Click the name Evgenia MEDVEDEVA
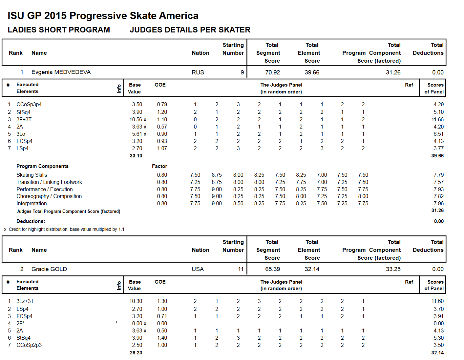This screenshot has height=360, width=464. pyautogui.click(x=61, y=72)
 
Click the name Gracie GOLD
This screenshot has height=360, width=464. pyautogui.click(x=49, y=269)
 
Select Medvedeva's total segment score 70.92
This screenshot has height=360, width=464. pyautogui.click(x=272, y=72)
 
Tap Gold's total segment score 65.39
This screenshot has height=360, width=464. pyautogui.click(x=272, y=269)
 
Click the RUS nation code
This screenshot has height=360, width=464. pyautogui.click(x=198, y=72)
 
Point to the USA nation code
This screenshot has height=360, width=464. pyautogui.click(x=198, y=269)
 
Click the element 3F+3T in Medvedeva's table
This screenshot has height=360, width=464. pyautogui.click(x=24, y=119)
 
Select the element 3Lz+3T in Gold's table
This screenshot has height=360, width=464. pyautogui.click(x=25, y=301)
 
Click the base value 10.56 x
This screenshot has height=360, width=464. pyautogui.click(x=138, y=119)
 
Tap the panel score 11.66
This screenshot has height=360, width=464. pyautogui.click(x=437, y=119)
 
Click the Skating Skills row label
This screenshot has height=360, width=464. pyautogui.click(x=32, y=175)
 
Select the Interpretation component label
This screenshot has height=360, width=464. pyautogui.click(x=32, y=203)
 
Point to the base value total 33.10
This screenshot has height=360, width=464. pyautogui.click(x=136, y=156)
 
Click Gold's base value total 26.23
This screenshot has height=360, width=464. pyautogui.click(x=136, y=352)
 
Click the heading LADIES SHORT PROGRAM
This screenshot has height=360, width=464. pyautogui.click(x=59, y=30)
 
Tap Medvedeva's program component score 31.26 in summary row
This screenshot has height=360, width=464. pyautogui.click(x=393, y=72)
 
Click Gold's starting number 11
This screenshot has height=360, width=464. pyautogui.click(x=241, y=269)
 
